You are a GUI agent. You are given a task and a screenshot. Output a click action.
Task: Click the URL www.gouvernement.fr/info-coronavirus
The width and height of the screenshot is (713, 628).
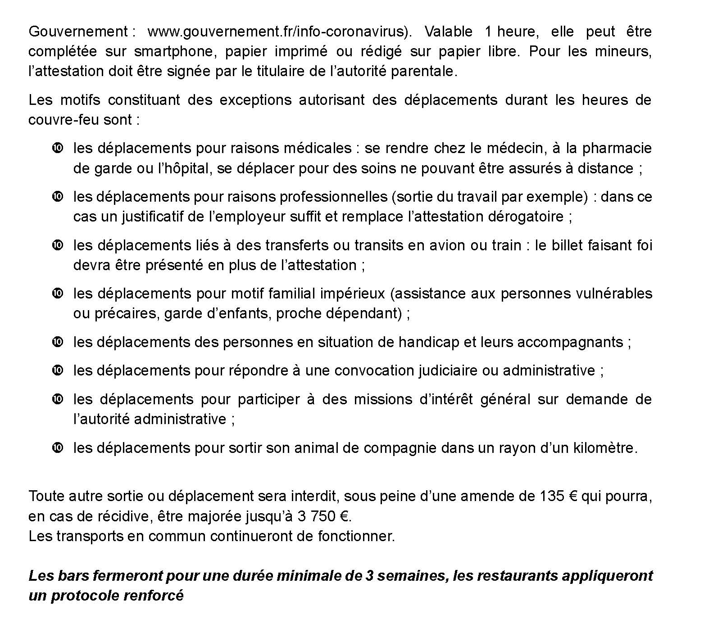coord(276,32)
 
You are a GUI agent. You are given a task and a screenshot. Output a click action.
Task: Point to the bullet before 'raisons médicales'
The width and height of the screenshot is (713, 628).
coord(58,148)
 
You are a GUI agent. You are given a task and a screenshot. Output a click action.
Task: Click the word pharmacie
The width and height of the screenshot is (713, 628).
coord(617,148)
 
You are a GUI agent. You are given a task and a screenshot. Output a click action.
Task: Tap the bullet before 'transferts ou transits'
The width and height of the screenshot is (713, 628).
coord(58,245)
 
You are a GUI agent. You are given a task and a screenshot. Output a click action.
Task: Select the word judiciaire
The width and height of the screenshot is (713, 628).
coord(447,370)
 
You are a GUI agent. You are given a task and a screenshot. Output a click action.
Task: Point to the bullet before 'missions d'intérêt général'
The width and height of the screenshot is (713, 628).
coord(58,399)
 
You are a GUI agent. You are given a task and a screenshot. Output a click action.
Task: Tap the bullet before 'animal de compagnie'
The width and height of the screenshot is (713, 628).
coord(58,448)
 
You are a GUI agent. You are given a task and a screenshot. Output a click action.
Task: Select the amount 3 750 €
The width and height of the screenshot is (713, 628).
coord(323,516)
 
